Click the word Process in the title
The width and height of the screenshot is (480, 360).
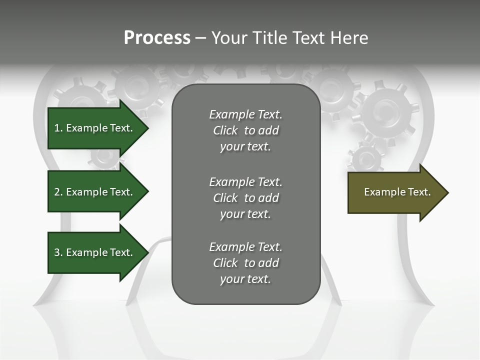tap(157, 38)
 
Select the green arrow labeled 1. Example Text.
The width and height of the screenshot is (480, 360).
tap(95, 128)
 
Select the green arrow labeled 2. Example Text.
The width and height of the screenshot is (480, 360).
tap(95, 192)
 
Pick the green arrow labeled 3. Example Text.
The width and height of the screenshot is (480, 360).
tap(95, 252)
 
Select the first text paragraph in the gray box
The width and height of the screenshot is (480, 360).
tap(245, 130)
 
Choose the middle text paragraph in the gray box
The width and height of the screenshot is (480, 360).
tap(245, 198)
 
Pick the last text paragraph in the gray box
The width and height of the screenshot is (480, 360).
tap(245, 263)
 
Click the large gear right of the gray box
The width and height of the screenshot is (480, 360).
tap(388, 110)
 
